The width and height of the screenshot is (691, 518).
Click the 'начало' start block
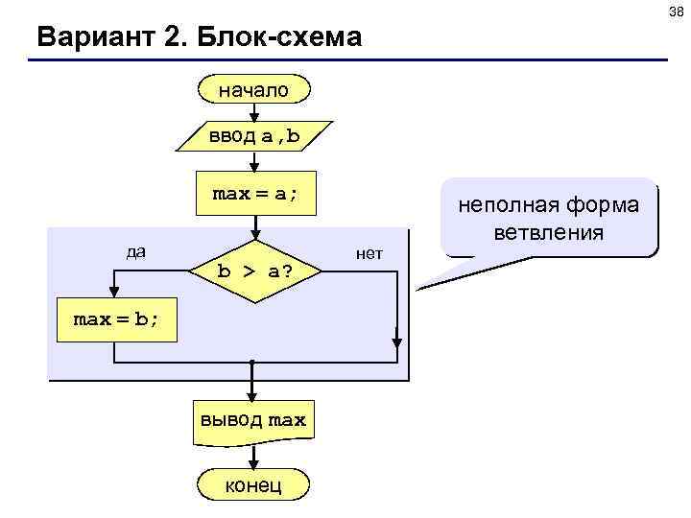click(254, 90)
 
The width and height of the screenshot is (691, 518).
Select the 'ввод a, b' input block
click(254, 136)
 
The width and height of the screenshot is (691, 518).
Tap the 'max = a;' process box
click(254, 194)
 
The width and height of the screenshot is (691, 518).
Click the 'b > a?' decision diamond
click(254, 271)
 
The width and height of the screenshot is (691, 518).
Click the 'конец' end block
click(253, 485)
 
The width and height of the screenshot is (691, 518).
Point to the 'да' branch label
click(136, 252)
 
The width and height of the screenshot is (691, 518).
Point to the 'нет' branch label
click(369, 253)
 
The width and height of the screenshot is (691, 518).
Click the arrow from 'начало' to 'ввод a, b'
click(254, 112)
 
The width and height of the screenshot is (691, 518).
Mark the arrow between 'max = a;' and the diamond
click(254, 226)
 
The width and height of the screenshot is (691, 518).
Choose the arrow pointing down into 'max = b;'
click(114, 290)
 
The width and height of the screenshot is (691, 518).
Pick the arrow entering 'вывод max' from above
click(251, 386)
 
